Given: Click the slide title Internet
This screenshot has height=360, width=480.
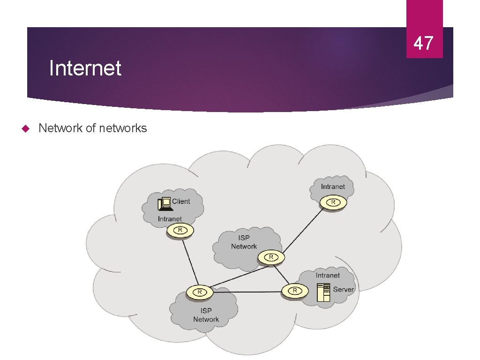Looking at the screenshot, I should [85, 68].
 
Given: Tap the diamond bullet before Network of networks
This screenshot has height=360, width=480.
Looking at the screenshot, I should [26, 128].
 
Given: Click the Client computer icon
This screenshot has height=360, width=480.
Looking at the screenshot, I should [164, 203].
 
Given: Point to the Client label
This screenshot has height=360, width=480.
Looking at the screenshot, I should [181, 202].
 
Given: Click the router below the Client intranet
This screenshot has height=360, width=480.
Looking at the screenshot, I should [180, 230].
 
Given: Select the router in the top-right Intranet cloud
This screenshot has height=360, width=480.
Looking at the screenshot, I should [333, 202].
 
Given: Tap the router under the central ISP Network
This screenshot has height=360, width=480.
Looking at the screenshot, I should [270, 257].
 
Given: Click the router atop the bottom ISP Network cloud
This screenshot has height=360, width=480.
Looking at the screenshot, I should [199, 292].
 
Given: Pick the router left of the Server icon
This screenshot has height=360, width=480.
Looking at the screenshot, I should [295, 291].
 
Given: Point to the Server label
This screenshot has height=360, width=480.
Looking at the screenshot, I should [344, 289].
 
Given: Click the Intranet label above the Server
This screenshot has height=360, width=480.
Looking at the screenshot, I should [328, 275].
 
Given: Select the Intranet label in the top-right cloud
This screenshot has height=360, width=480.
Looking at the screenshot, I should [333, 187].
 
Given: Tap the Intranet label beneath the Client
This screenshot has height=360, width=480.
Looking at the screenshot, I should [170, 219].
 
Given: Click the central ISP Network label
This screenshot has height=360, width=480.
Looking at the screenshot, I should [244, 242].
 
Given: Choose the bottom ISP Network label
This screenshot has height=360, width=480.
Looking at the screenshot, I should [206, 315].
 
